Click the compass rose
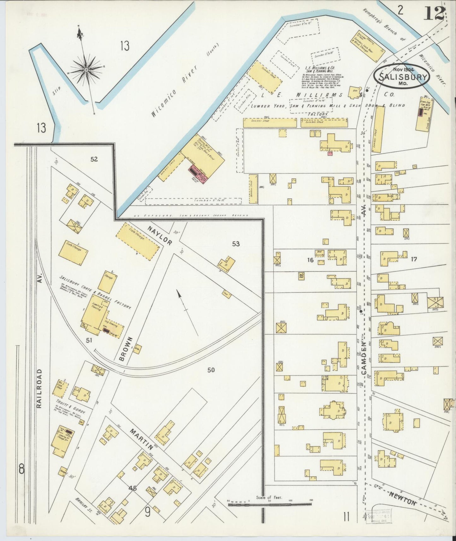pyautogui.click(x=86, y=69)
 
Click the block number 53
pyautogui.click(x=236, y=243)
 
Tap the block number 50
pyautogui.click(x=211, y=369)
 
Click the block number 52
pyautogui.click(x=94, y=159)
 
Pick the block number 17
pyautogui.click(x=414, y=259)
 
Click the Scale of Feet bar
pyautogui.click(x=269, y=504)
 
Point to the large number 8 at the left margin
pyautogui.click(x=21, y=469)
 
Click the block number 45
pyautogui.click(x=132, y=488)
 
